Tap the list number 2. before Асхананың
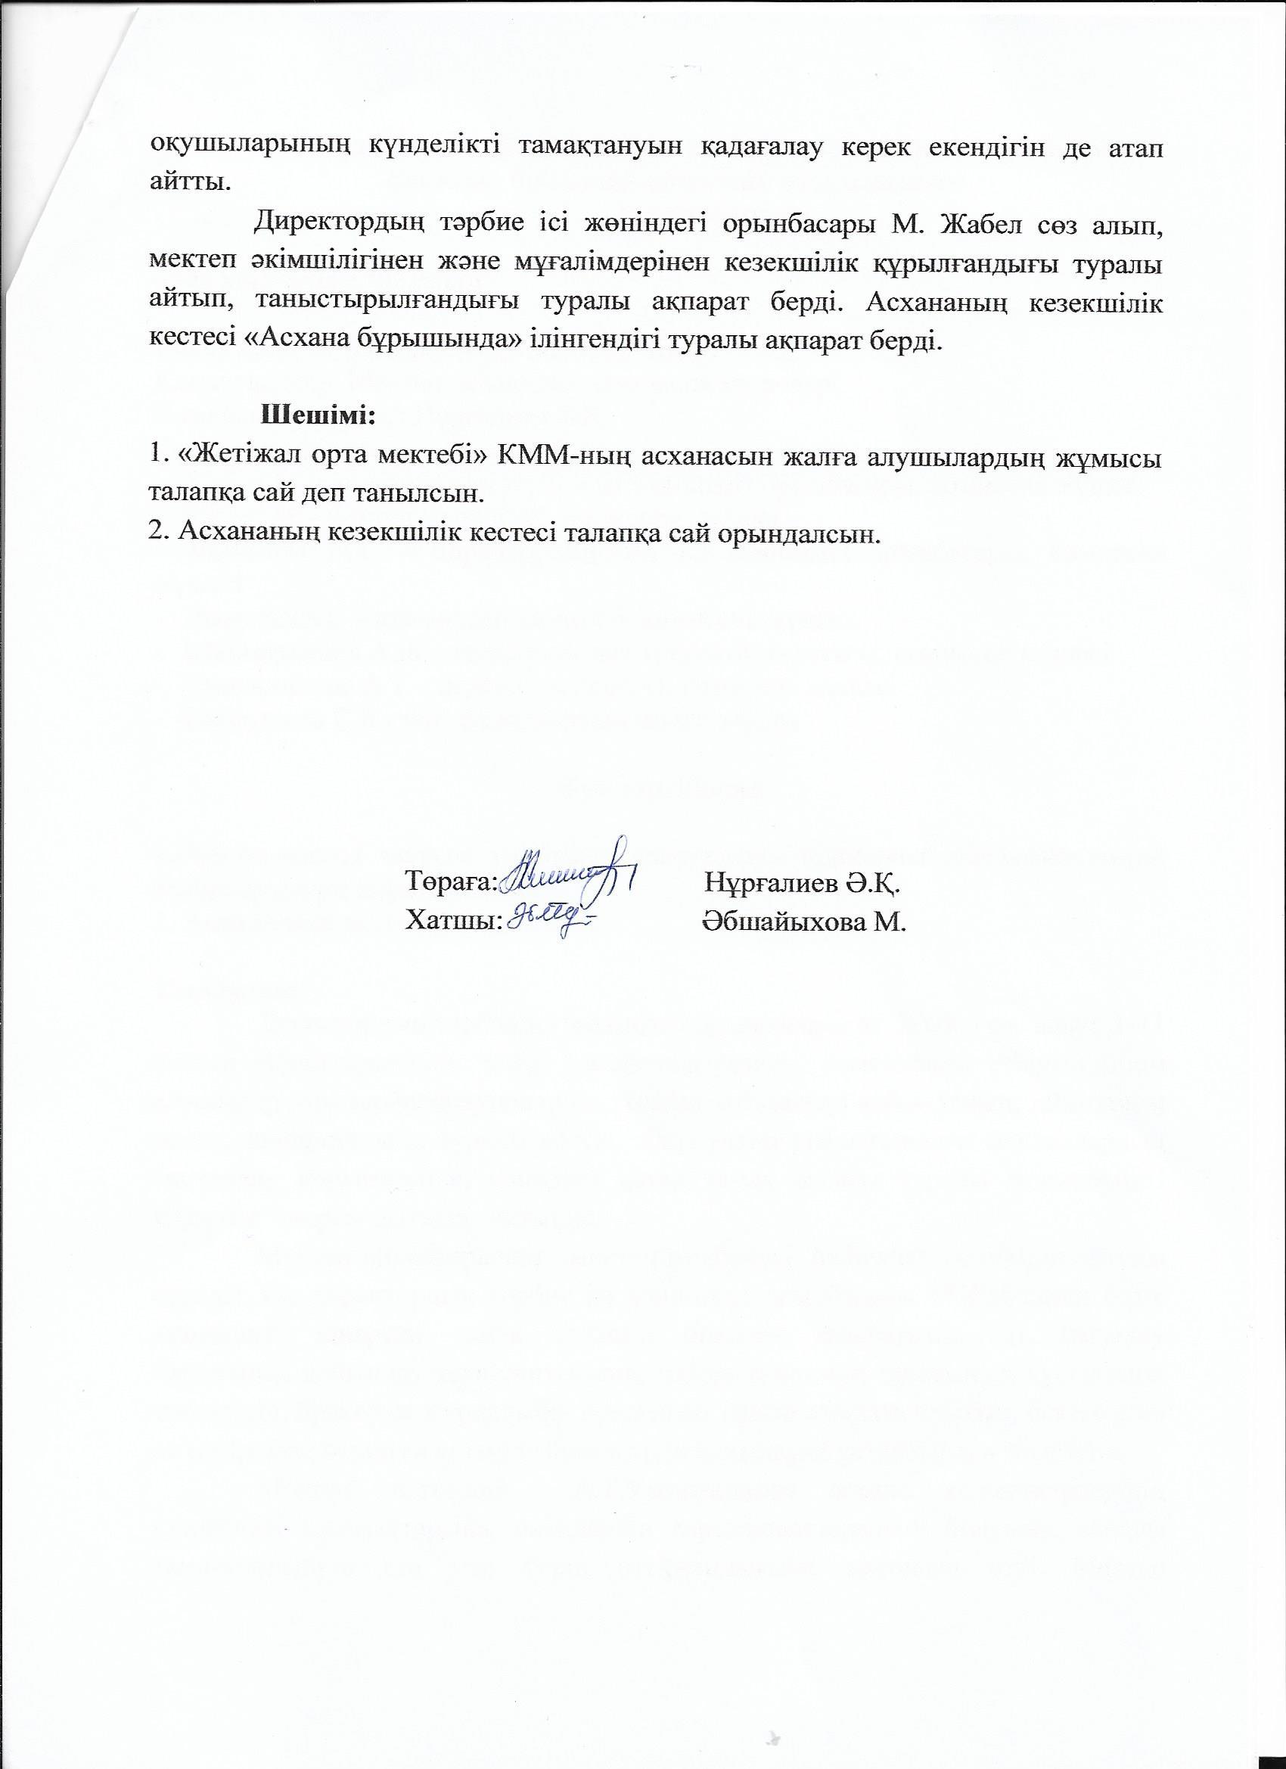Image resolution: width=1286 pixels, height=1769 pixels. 159,533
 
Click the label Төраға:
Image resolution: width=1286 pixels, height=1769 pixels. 451,882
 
